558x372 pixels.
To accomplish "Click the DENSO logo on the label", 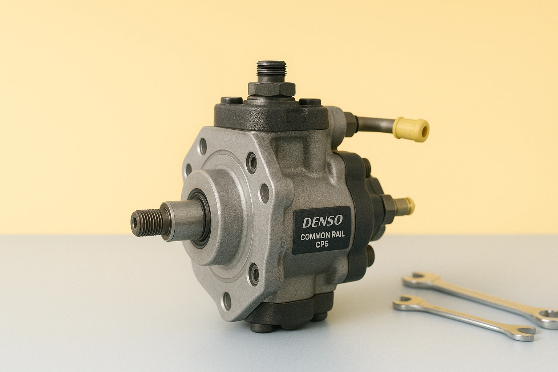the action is [323, 222].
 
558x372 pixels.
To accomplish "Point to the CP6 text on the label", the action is [322, 244].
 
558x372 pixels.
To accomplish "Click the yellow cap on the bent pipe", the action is [411, 129].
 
